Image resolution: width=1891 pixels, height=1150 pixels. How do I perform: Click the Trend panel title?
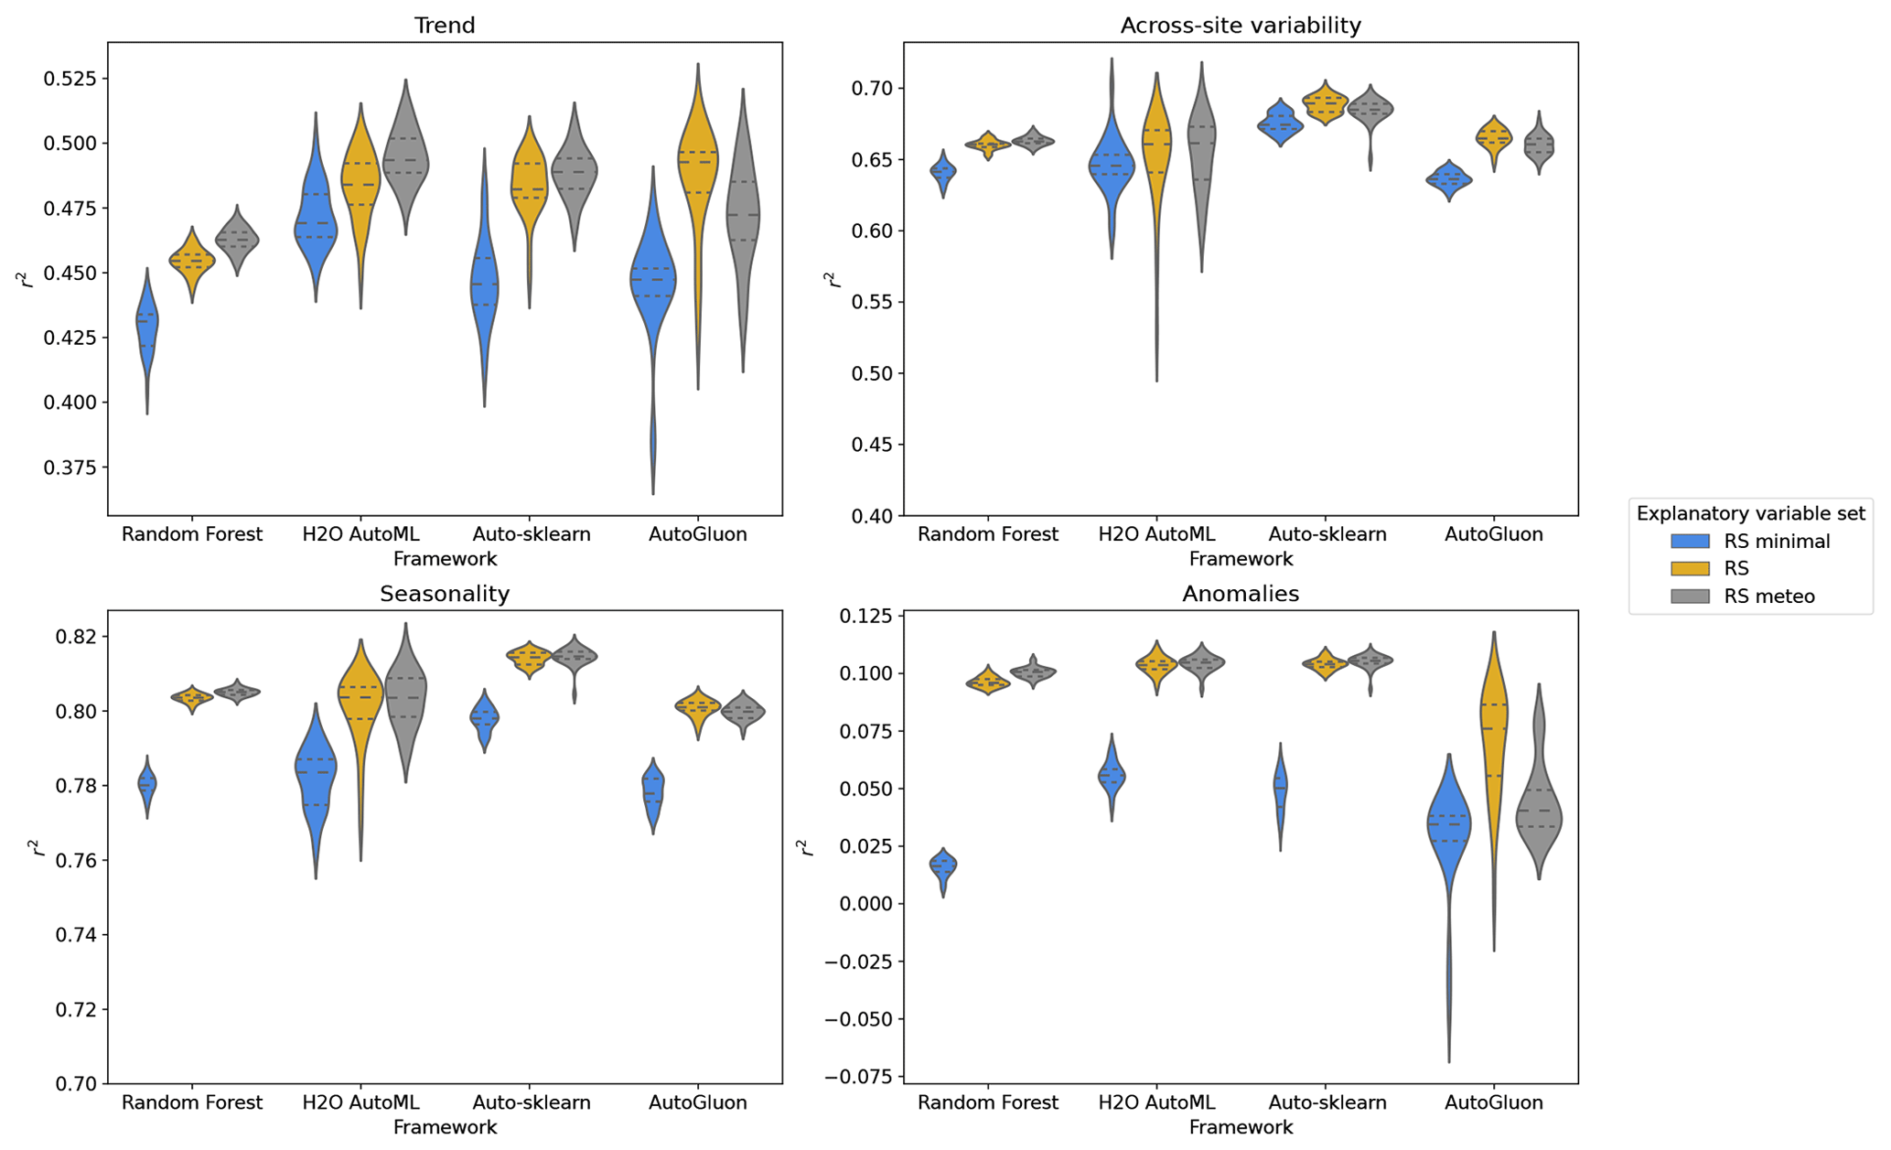(445, 26)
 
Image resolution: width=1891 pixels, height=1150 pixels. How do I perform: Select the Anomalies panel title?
(1240, 594)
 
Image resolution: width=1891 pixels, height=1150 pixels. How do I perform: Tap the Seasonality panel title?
(445, 594)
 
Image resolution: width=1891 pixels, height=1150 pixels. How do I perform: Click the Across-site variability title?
(1240, 26)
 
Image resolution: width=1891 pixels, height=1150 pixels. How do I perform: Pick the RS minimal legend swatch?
(1689, 541)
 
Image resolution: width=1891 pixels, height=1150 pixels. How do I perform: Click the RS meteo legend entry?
(1768, 596)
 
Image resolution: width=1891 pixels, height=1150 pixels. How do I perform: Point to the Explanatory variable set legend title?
(1750, 513)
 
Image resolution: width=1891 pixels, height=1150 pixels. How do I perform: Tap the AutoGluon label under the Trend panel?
(697, 534)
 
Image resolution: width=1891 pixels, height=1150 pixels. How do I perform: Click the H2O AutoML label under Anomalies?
(1156, 1102)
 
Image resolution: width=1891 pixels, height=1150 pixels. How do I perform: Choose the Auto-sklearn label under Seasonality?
(531, 1102)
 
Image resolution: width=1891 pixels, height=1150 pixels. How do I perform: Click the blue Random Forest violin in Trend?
(146, 329)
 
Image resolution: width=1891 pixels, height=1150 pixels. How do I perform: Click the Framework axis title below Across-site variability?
(1240, 559)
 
